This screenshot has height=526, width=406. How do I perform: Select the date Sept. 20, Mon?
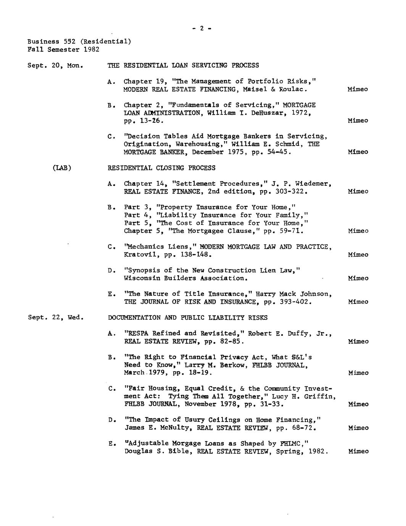point(55,66)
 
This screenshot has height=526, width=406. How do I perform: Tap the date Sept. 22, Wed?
point(56,318)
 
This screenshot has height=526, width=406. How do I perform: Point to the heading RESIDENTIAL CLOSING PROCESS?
point(161,168)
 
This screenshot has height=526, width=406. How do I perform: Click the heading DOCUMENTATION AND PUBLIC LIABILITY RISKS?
point(188,318)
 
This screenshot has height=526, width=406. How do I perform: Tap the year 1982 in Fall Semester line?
point(92,49)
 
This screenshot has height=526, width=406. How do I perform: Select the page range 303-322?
point(291,191)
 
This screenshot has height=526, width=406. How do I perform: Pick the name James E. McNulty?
point(159,428)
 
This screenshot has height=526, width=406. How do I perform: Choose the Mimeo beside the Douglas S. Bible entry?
point(358,451)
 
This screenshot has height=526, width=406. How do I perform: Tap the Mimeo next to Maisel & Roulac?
point(358,89)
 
